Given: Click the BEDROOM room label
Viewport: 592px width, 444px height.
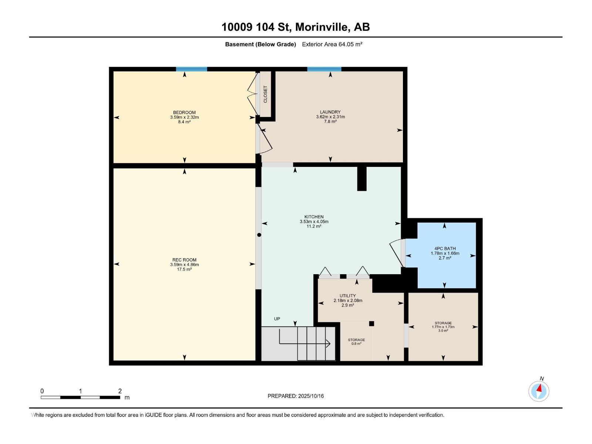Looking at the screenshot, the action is click(184, 112).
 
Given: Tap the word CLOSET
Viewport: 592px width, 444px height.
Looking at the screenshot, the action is click(265, 94).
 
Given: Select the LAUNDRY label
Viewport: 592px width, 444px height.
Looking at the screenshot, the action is click(330, 112).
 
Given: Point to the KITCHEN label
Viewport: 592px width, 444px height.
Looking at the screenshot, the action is click(314, 217).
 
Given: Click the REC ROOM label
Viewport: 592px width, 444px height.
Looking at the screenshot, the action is click(184, 260).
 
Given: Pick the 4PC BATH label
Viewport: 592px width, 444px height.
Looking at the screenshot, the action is click(445, 249).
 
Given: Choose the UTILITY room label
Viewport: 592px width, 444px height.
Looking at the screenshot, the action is click(348, 296).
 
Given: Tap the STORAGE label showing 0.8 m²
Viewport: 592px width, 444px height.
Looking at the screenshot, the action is click(356, 340).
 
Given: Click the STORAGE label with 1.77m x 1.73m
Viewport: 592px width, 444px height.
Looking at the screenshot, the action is click(443, 323).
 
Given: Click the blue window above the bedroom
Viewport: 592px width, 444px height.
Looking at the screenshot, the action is click(192, 69).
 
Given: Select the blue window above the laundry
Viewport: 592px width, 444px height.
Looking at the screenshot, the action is click(324, 69).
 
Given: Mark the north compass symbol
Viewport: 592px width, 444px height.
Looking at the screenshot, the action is click(539, 391).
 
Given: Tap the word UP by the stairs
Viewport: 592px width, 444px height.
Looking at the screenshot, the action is click(277, 319).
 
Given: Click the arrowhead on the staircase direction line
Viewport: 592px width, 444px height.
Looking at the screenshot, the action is click(328, 343).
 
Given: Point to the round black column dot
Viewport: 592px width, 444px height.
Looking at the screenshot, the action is click(259, 235).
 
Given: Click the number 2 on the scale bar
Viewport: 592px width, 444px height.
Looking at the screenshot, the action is click(120, 391).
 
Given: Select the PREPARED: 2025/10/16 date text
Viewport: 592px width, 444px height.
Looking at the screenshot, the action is click(296, 396).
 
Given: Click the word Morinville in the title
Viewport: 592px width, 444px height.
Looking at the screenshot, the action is click(321, 27).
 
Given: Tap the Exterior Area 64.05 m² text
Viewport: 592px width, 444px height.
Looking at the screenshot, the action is click(332, 44).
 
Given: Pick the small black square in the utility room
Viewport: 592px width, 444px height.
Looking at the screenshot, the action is click(371, 323).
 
